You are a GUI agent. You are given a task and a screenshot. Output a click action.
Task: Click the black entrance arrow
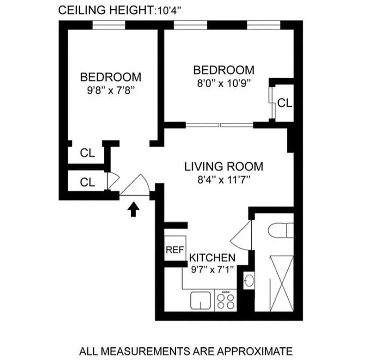133,210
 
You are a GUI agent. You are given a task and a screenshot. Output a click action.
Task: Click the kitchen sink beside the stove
201,301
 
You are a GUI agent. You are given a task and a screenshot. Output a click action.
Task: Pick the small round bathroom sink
249,282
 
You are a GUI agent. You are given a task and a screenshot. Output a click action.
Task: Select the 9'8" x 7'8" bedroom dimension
111,89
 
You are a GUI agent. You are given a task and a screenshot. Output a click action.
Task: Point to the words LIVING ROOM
223,166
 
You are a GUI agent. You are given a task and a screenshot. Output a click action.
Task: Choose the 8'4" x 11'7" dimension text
223,180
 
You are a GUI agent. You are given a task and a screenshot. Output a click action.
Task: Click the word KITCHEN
212,258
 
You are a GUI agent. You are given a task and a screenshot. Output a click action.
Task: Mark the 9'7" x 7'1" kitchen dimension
212,270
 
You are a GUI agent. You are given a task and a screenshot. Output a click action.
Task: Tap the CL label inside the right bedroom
284,103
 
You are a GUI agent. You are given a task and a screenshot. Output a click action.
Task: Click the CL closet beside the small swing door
87,182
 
